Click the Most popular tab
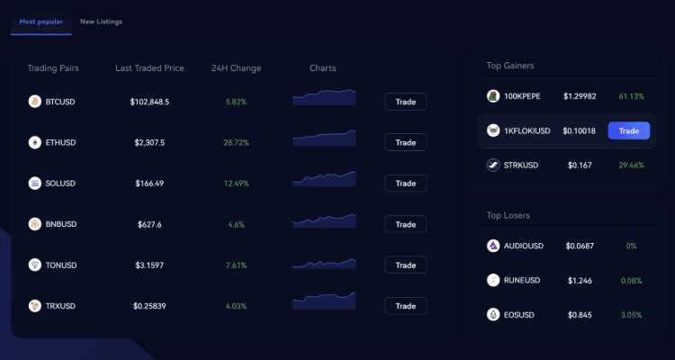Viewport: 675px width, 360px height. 40,21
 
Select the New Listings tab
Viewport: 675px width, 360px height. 101,21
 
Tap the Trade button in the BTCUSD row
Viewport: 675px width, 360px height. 405,102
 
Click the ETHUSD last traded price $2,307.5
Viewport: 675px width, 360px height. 149,142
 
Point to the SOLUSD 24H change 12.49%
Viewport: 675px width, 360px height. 236,184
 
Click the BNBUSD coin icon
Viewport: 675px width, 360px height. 35,224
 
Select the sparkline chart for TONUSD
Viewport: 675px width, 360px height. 324,264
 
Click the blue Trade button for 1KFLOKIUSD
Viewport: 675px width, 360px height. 628,130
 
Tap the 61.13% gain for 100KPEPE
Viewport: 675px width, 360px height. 631,96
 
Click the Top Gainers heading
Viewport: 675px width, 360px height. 510,66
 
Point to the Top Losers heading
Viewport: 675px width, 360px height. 508,216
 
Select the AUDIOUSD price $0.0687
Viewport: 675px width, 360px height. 580,246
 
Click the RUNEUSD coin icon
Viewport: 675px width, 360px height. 493,280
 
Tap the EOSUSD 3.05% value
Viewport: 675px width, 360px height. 631,315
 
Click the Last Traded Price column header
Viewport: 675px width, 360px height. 150,68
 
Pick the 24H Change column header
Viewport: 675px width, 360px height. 236,68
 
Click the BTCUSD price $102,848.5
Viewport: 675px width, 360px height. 149,102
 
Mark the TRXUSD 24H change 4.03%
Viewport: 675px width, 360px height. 236,306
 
